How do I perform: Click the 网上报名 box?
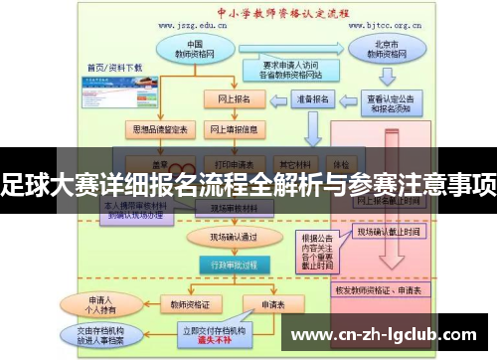coord(234,99)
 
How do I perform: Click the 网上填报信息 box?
coord(234,130)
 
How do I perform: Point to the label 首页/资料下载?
coord(114,68)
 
